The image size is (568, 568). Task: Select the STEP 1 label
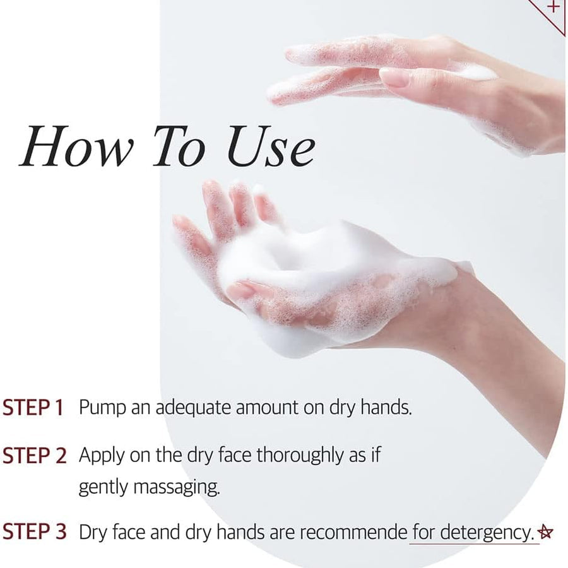33,408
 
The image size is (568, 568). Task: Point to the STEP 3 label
34,532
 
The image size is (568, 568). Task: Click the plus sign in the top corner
553,8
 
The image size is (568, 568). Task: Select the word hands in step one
386,408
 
